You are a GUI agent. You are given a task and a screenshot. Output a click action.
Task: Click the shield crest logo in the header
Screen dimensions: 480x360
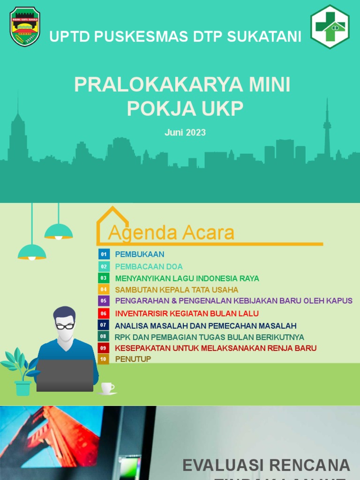tap(25, 26)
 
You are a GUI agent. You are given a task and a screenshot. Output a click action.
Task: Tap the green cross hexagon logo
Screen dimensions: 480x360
tap(330, 27)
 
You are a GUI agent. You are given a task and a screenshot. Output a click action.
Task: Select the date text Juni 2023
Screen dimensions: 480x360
tap(185, 133)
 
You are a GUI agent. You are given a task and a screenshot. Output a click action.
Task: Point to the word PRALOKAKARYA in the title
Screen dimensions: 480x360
tap(157, 85)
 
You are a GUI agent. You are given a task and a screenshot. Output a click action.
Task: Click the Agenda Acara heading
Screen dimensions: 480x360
tap(171, 232)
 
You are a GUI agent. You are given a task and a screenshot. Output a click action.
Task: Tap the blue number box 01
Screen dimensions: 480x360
tap(104, 255)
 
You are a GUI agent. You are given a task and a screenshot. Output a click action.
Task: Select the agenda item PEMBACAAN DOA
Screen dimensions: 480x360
tap(149, 267)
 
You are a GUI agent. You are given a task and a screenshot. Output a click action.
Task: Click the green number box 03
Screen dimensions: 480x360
tap(104, 278)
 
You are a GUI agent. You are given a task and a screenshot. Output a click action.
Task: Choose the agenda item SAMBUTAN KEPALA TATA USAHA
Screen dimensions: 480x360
tap(177, 290)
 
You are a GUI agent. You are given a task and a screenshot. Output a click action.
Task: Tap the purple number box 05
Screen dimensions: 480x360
tap(104, 300)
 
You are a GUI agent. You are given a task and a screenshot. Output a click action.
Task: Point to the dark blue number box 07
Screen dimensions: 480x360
tap(104, 325)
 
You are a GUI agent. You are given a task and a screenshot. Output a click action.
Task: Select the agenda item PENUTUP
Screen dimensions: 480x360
tap(133, 359)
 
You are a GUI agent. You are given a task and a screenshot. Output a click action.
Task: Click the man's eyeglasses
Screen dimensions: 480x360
tap(65, 326)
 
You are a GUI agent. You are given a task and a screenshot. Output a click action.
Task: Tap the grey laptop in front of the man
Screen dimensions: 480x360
tap(65, 375)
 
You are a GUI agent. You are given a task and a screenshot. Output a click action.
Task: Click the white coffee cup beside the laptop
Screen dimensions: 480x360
tap(107, 388)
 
